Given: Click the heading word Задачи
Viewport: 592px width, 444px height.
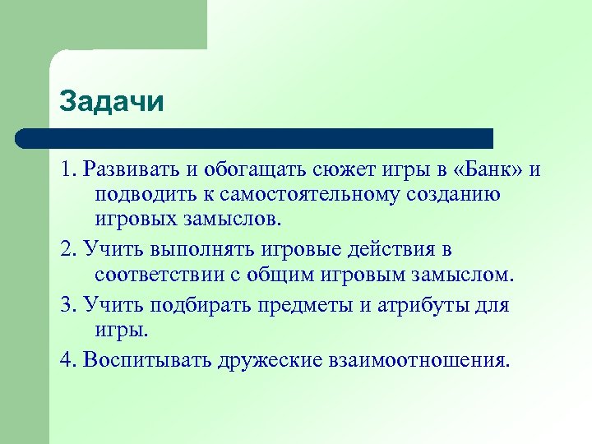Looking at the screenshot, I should tap(112, 103).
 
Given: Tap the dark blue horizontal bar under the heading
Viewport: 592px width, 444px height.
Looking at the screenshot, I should tap(255, 138).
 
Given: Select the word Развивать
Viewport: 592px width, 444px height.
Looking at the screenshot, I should tap(128, 169).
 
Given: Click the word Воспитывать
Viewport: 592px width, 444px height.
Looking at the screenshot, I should tap(143, 359).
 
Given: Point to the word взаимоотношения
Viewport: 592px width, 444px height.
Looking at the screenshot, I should tap(415, 359).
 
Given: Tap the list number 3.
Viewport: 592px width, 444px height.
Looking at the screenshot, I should tap(66, 306).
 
